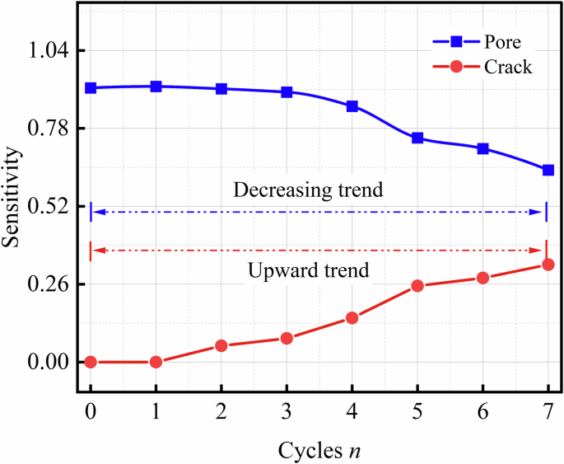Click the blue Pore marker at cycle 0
click(x=91, y=87)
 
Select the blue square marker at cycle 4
click(x=352, y=106)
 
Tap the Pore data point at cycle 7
click(x=548, y=170)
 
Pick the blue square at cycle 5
click(x=417, y=138)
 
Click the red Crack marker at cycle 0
click(x=91, y=362)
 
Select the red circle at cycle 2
click(x=221, y=345)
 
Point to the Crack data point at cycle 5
click(x=417, y=286)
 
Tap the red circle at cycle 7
click(x=548, y=265)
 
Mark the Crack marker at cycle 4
click(x=352, y=318)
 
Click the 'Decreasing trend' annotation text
click(x=308, y=190)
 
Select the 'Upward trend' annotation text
click(x=308, y=270)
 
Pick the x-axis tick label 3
click(x=287, y=410)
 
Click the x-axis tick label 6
click(x=482, y=410)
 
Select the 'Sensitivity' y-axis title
click(x=13, y=198)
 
